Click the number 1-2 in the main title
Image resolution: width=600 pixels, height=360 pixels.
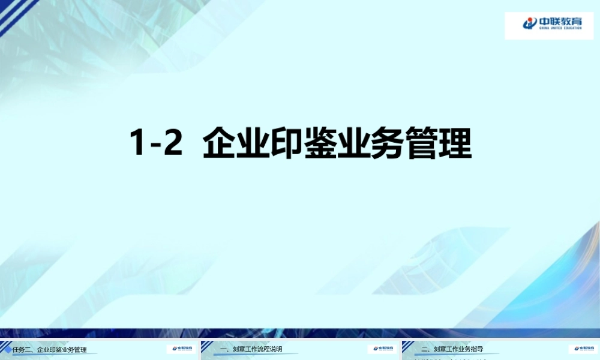[156, 144]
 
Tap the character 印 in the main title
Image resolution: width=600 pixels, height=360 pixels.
[286, 144]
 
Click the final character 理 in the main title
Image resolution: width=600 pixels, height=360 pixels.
[454, 144]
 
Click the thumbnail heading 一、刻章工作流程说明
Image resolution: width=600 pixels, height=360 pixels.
[251, 349]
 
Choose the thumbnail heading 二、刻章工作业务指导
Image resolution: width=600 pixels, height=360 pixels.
[452, 349]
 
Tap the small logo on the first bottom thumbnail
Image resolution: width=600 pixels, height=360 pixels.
[181, 349]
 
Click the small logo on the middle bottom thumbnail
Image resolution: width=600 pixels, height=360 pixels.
[382, 349]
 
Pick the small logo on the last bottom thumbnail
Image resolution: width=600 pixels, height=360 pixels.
[583, 349]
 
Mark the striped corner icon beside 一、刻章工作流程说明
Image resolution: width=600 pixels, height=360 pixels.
[208, 347]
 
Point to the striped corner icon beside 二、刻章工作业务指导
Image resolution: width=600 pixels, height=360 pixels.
[409, 347]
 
